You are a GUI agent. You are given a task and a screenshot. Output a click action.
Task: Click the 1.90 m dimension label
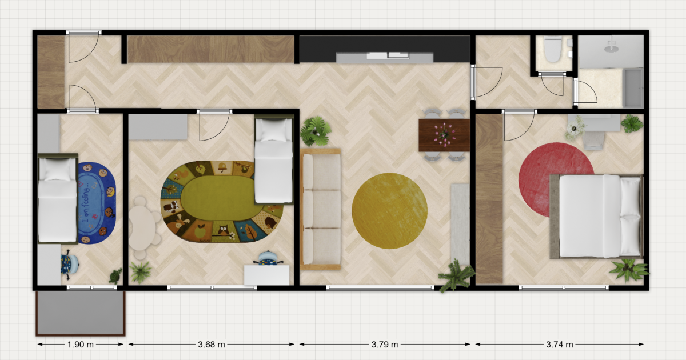(x=80, y=345)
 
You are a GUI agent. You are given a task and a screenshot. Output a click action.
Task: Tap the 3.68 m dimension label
(x=212, y=345)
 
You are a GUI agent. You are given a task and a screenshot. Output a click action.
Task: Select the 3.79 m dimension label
(x=385, y=345)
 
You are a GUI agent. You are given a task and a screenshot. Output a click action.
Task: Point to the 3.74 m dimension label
(x=560, y=345)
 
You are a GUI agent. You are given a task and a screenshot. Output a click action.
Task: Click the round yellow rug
(x=389, y=211)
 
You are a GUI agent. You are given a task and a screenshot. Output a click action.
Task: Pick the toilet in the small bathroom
(x=553, y=49)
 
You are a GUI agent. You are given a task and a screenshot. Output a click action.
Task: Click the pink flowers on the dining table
(x=444, y=135)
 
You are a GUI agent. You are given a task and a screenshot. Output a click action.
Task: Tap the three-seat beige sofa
(x=321, y=209)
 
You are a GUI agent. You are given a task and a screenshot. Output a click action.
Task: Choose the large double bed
(x=596, y=216)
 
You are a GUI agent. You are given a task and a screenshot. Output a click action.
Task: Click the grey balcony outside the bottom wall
(x=81, y=313)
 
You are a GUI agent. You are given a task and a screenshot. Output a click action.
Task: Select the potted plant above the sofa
(x=316, y=131)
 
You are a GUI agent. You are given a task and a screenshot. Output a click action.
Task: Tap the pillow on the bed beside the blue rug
(x=58, y=169)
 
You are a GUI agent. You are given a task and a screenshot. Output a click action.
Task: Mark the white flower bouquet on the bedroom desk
(x=575, y=127)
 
